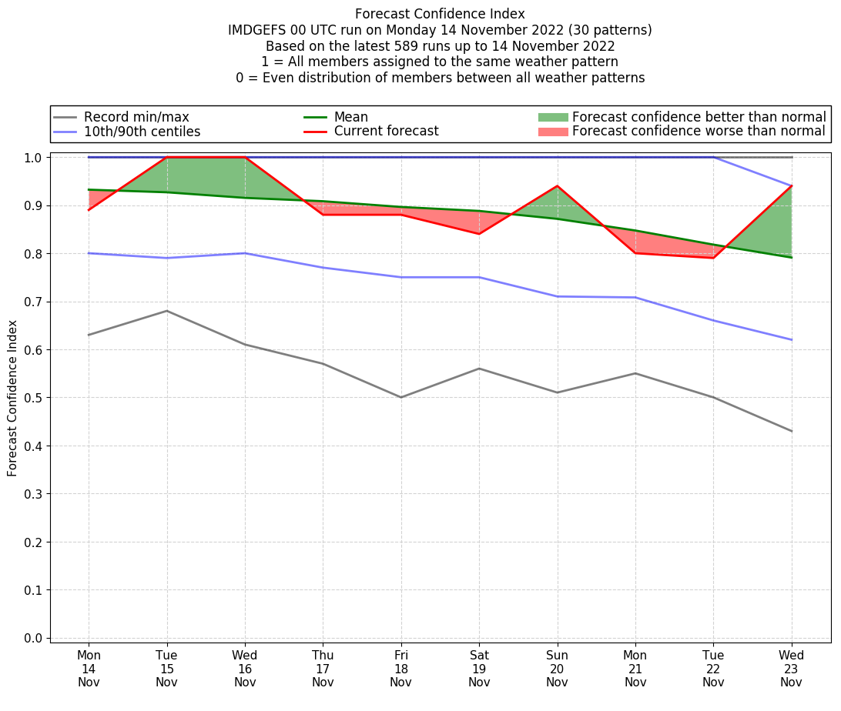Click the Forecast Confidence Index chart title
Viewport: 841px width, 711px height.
440,14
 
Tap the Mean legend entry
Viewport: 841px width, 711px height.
350,117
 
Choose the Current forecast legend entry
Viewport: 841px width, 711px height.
386,132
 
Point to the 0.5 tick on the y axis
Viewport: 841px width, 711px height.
33,398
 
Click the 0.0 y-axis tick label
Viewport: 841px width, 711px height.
33,638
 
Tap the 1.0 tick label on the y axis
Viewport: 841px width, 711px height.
33,158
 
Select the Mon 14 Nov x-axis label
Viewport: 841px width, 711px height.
89,669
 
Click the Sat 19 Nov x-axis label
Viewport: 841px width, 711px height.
479,669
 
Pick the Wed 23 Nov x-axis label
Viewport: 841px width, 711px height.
791,669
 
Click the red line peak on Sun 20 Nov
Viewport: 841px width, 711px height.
557,186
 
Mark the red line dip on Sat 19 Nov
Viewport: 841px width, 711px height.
479,234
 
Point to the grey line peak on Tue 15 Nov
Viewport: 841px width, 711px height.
167,311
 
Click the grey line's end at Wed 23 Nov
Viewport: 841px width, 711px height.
792,431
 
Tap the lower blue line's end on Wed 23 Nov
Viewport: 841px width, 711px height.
792,340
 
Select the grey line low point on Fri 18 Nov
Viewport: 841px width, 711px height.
401,397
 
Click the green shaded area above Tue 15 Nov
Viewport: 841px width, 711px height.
167,175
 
